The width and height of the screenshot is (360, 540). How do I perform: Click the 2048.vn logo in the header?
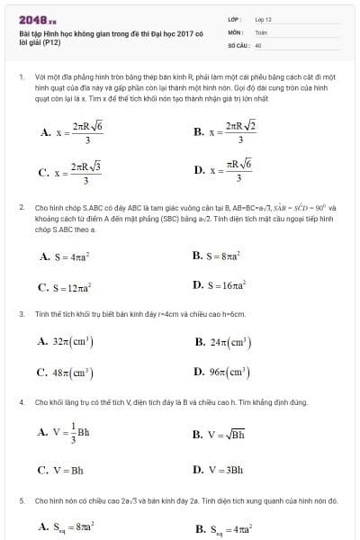tap(39, 18)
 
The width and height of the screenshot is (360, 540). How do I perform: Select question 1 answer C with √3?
tap(70, 172)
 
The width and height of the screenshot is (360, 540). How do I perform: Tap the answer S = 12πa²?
tap(68, 288)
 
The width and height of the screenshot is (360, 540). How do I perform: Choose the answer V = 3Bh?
tap(218, 469)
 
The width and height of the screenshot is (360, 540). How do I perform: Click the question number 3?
tap(21, 314)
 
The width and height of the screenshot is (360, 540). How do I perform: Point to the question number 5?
tap(21, 499)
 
